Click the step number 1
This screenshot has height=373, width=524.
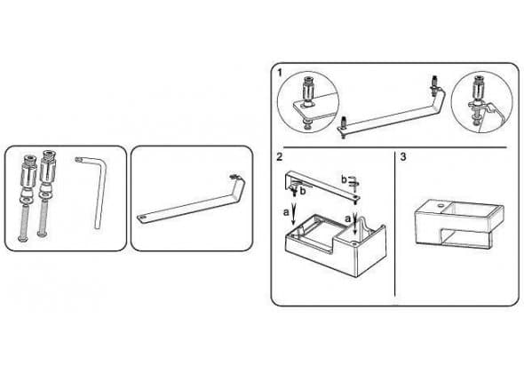[x=280, y=72]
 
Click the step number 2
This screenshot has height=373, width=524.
[x=280, y=156]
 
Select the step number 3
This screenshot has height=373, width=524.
[x=403, y=156]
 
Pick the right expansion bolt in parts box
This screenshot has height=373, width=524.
[x=45, y=194]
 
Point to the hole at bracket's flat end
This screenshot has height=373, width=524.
[x=143, y=218]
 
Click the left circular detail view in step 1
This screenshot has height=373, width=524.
[x=308, y=102]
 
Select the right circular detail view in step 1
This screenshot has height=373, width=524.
[x=481, y=103]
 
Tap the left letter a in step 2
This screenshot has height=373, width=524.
[x=286, y=212]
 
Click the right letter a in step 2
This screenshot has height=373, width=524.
[x=348, y=219]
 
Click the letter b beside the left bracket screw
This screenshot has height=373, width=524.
[x=303, y=192]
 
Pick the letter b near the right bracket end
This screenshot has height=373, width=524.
[x=344, y=179]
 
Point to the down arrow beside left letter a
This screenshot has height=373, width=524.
[x=293, y=214]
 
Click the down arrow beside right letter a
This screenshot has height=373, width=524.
[x=355, y=222]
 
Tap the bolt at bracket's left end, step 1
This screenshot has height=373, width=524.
[x=343, y=126]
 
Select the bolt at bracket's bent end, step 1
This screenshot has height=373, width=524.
[x=435, y=85]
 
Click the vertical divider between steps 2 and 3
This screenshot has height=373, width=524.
[x=394, y=224]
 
